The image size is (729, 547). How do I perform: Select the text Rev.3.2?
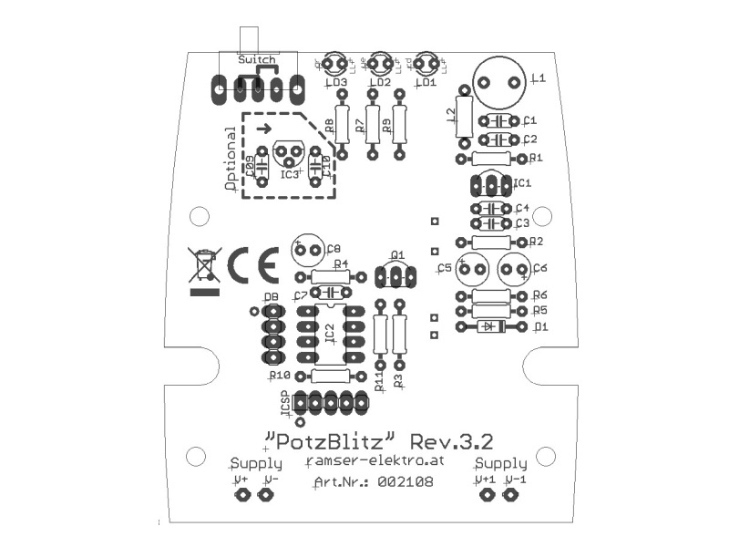pyautogui.click(x=452, y=441)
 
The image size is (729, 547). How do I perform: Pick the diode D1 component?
pyautogui.click(x=492, y=325)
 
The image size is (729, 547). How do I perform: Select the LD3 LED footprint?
pyautogui.click(x=334, y=64)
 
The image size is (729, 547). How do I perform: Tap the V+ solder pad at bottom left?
pyautogui.click(x=242, y=495)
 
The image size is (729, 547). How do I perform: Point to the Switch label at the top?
pyautogui.click(x=256, y=59)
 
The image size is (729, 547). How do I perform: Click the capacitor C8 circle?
pyautogui.click(x=308, y=249)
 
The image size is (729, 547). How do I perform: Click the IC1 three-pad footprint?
pyautogui.click(x=492, y=185)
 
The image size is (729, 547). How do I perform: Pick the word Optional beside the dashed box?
pyautogui.click(x=231, y=157)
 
